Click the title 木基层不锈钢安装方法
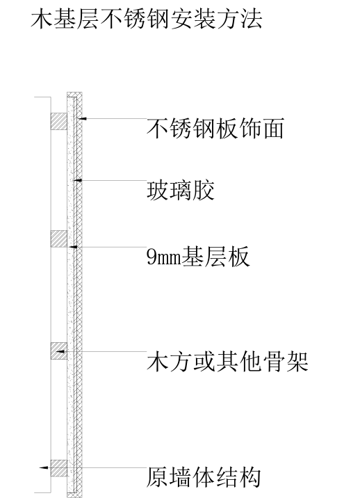point(147,19)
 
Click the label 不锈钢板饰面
point(215,129)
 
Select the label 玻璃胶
point(180,191)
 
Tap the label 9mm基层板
point(198,257)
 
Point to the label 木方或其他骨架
point(227,362)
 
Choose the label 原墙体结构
point(204,477)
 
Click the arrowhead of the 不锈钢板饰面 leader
point(82,118)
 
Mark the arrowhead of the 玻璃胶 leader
point(78,180)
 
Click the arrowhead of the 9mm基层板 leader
point(73,247)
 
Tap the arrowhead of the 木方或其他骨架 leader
point(60,351)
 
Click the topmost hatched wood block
point(59,121)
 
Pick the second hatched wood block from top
point(59,239)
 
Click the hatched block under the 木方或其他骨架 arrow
point(59,351)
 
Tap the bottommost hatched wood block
point(59,468)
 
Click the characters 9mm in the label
point(163,257)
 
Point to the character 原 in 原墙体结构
point(157,477)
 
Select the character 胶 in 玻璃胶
point(204,191)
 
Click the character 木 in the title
point(42,19)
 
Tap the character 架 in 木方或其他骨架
point(297,362)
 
